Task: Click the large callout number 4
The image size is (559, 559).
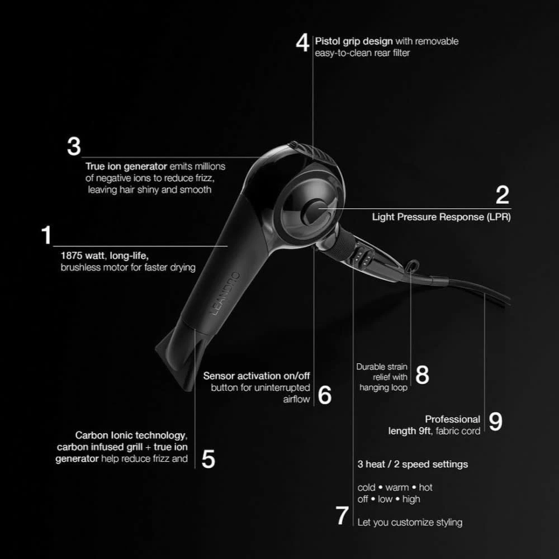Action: coord(302,43)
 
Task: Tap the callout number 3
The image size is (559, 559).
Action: coord(74,146)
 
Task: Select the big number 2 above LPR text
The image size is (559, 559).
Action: coord(503,195)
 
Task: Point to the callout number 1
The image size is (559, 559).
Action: coord(46,235)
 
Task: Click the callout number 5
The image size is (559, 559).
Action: coord(208,459)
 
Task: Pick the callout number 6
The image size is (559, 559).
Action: coord(324,395)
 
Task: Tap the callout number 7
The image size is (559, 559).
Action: coord(342,516)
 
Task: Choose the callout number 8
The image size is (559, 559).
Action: coord(422,375)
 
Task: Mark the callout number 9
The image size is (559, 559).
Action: coord(495,421)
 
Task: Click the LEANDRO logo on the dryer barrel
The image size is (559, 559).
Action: coord(225,294)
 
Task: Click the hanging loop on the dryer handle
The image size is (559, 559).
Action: coord(413,265)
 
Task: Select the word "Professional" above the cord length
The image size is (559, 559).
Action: coord(453,419)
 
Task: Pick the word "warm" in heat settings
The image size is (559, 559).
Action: coord(397,487)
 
